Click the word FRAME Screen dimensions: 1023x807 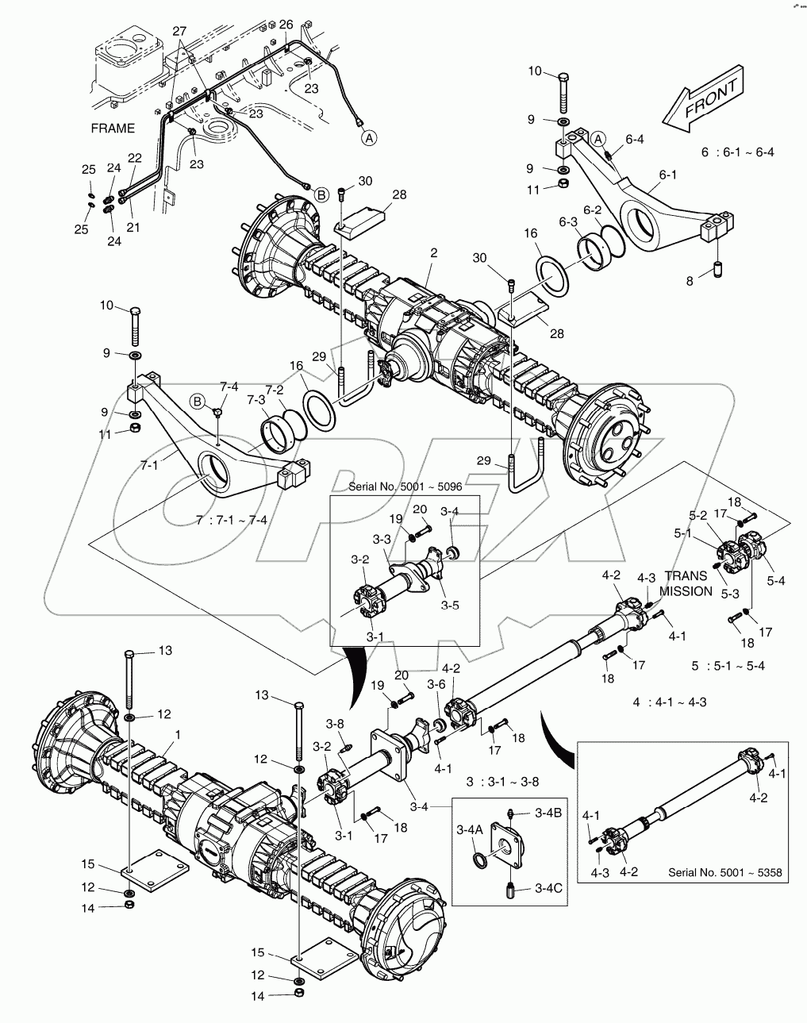[x=113, y=128]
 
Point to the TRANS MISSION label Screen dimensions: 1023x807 [x=686, y=584]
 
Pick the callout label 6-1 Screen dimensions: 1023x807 [x=668, y=174]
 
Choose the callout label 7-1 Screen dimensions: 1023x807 [x=149, y=465]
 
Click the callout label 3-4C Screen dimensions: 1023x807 [x=548, y=888]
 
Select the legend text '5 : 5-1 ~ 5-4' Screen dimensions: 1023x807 [x=728, y=665]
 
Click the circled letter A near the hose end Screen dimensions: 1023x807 [x=370, y=138]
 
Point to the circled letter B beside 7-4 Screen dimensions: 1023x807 [x=198, y=402]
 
